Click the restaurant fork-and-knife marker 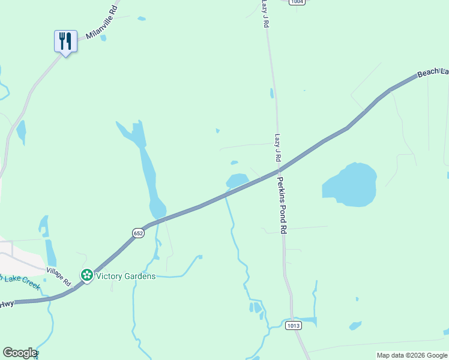pos(65,41)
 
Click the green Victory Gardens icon pos(87,275)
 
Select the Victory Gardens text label pos(126,276)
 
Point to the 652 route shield pos(139,232)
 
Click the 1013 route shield pos(293,326)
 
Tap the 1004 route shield pos(296,2)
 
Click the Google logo pos(20,353)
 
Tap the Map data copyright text pos(412,355)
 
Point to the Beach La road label pos(432,72)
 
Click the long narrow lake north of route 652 pos(148,168)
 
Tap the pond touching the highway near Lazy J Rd pos(237,180)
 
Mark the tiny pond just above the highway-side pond pos(234,162)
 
